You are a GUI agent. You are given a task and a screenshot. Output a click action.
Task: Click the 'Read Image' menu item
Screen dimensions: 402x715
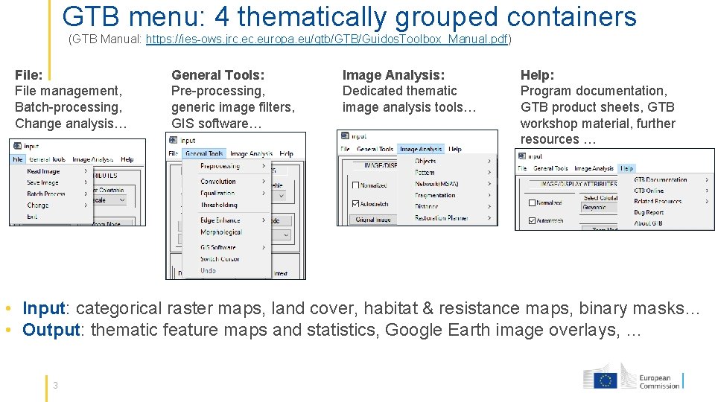point(43,171)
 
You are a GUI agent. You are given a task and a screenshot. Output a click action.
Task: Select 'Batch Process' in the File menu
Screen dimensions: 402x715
point(46,194)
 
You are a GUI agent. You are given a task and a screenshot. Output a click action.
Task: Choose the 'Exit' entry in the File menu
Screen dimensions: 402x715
point(32,217)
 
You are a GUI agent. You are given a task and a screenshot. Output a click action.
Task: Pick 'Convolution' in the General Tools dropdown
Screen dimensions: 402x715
point(218,182)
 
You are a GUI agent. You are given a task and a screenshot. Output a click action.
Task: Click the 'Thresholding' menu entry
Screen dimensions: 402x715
point(219,205)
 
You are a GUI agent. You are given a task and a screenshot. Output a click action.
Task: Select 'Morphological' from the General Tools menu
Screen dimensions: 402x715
point(221,232)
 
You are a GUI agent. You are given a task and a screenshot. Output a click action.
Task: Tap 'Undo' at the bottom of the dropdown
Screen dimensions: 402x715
point(208,270)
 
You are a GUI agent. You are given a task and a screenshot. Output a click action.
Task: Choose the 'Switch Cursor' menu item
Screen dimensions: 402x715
point(219,259)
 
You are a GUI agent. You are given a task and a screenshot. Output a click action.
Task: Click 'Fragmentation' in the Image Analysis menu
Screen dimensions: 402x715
point(435,195)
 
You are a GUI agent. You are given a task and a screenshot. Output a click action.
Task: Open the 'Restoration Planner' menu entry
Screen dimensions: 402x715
point(441,218)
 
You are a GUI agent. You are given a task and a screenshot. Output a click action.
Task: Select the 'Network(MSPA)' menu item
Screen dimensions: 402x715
point(436,184)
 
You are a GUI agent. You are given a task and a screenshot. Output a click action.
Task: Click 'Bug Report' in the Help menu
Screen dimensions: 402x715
point(649,212)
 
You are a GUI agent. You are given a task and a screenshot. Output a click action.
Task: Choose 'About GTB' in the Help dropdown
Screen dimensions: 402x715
point(648,223)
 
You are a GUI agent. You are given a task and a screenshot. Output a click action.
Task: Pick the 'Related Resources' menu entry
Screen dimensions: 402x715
point(658,201)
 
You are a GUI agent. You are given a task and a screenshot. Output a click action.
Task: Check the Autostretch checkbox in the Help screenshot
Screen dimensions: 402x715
point(532,220)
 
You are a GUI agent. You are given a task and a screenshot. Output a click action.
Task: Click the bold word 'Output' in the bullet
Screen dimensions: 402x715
point(51,330)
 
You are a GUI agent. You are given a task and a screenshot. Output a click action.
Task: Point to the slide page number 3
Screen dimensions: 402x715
point(56,385)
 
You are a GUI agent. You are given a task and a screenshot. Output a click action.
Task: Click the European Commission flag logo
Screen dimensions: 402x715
point(605,380)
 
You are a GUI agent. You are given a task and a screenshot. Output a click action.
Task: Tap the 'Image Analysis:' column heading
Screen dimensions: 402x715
point(393,74)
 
